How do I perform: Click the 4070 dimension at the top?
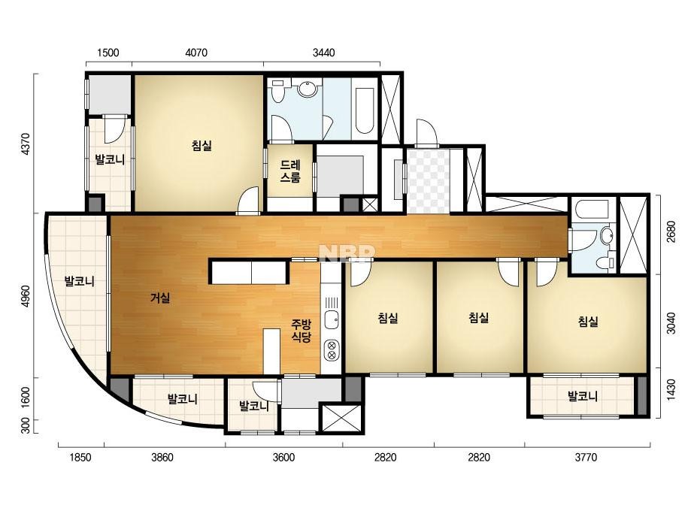click(x=196, y=53)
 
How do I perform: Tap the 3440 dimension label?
click(x=323, y=53)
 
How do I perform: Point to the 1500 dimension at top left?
click(x=108, y=53)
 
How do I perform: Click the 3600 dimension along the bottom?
click(x=283, y=457)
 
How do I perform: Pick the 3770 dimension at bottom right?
click(x=586, y=457)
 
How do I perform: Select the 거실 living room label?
click(x=160, y=298)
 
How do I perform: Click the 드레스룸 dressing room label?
click(x=290, y=171)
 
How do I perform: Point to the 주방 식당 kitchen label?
click(x=302, y=331)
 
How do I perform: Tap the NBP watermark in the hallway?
click(x=347, y=253)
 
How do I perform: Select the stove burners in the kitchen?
click(x=331, y=349)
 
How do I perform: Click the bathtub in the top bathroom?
click(x=365, y=110)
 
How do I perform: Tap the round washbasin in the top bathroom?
click(x=308, y=89)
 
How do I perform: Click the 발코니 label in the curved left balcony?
click(x=79, y=282)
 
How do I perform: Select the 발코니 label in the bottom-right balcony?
click(x=583, y=396)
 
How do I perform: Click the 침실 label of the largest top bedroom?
click(x=202, y=145)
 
